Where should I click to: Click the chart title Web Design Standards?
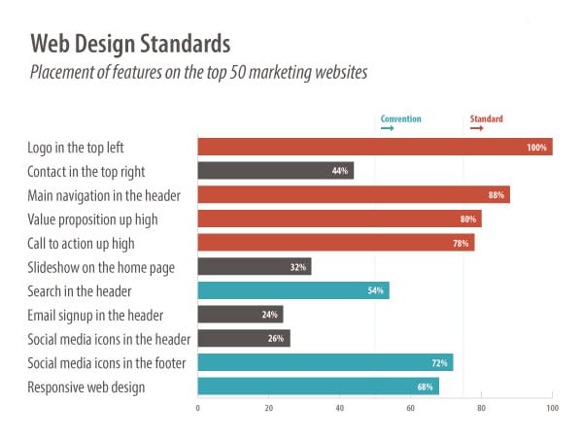coord(130,44)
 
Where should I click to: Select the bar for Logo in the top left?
coord(374,147)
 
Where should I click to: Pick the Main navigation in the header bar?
coord(353,194)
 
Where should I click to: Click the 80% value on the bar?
coord(468,219)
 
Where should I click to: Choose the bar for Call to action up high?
coord(335,242)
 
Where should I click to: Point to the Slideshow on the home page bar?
coord(254,266)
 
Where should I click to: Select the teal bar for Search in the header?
coord(292,289)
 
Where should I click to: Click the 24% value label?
coord(270,314)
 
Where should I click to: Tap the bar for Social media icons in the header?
coord(243,338)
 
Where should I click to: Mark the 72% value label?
coord(439,362)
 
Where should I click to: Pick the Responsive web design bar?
coord(318,387)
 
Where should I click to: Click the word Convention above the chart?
coord(400,118)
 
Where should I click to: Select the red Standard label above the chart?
coord(487,118)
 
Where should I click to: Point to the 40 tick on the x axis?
coord(339,408)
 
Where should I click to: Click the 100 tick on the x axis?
coord(551,408)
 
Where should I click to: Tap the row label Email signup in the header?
coord(95,315)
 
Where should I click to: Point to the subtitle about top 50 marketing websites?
coord(198,72)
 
